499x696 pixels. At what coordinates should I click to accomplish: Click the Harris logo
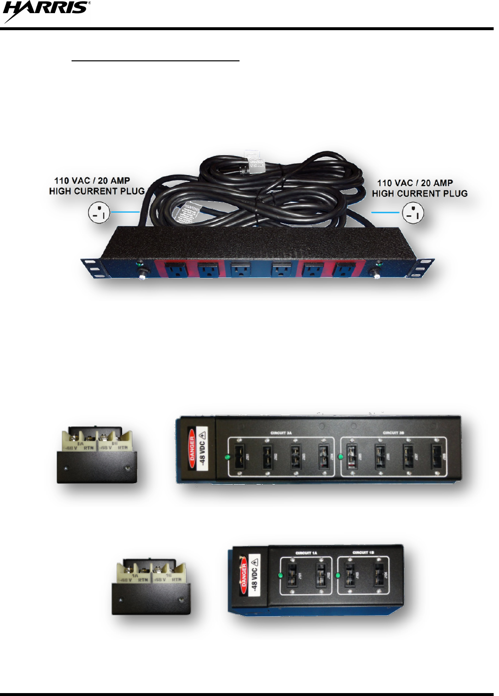[46, 11]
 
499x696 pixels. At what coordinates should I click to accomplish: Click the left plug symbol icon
[99, 213]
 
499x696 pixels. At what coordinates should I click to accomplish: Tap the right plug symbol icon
[413, 213]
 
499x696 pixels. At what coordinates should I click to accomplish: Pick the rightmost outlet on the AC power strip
[344, 269]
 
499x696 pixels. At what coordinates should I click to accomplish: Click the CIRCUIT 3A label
[281, 433]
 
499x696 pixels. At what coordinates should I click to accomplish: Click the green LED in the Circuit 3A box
[227, 457]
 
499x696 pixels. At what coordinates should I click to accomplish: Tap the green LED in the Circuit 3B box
[340, 457]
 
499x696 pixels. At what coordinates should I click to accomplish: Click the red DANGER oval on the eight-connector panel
[192, 449]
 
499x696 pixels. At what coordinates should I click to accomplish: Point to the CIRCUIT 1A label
[303, 553]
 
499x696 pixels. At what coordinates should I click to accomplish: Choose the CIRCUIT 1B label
[363, 553]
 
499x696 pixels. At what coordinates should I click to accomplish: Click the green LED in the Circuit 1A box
[280, 575]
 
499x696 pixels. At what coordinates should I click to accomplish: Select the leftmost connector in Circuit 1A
[293, 575]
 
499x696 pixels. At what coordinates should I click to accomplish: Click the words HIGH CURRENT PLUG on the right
[420, 193]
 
